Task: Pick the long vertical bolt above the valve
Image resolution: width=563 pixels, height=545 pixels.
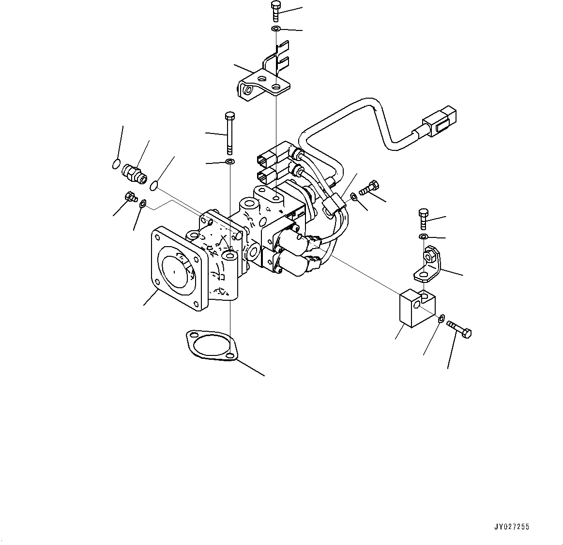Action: click(x=229, y=131)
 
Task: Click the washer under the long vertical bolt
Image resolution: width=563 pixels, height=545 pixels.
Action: click(x=230, y=161)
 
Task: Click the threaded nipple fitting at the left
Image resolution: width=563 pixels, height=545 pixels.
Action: click(x=134, y=173)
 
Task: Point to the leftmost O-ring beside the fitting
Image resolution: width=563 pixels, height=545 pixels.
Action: click(x=116, y=164)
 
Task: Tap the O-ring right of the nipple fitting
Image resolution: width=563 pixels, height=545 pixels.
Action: click(x=154, y=184)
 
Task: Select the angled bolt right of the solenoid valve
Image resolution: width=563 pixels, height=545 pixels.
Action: click(x=369, y=187)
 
